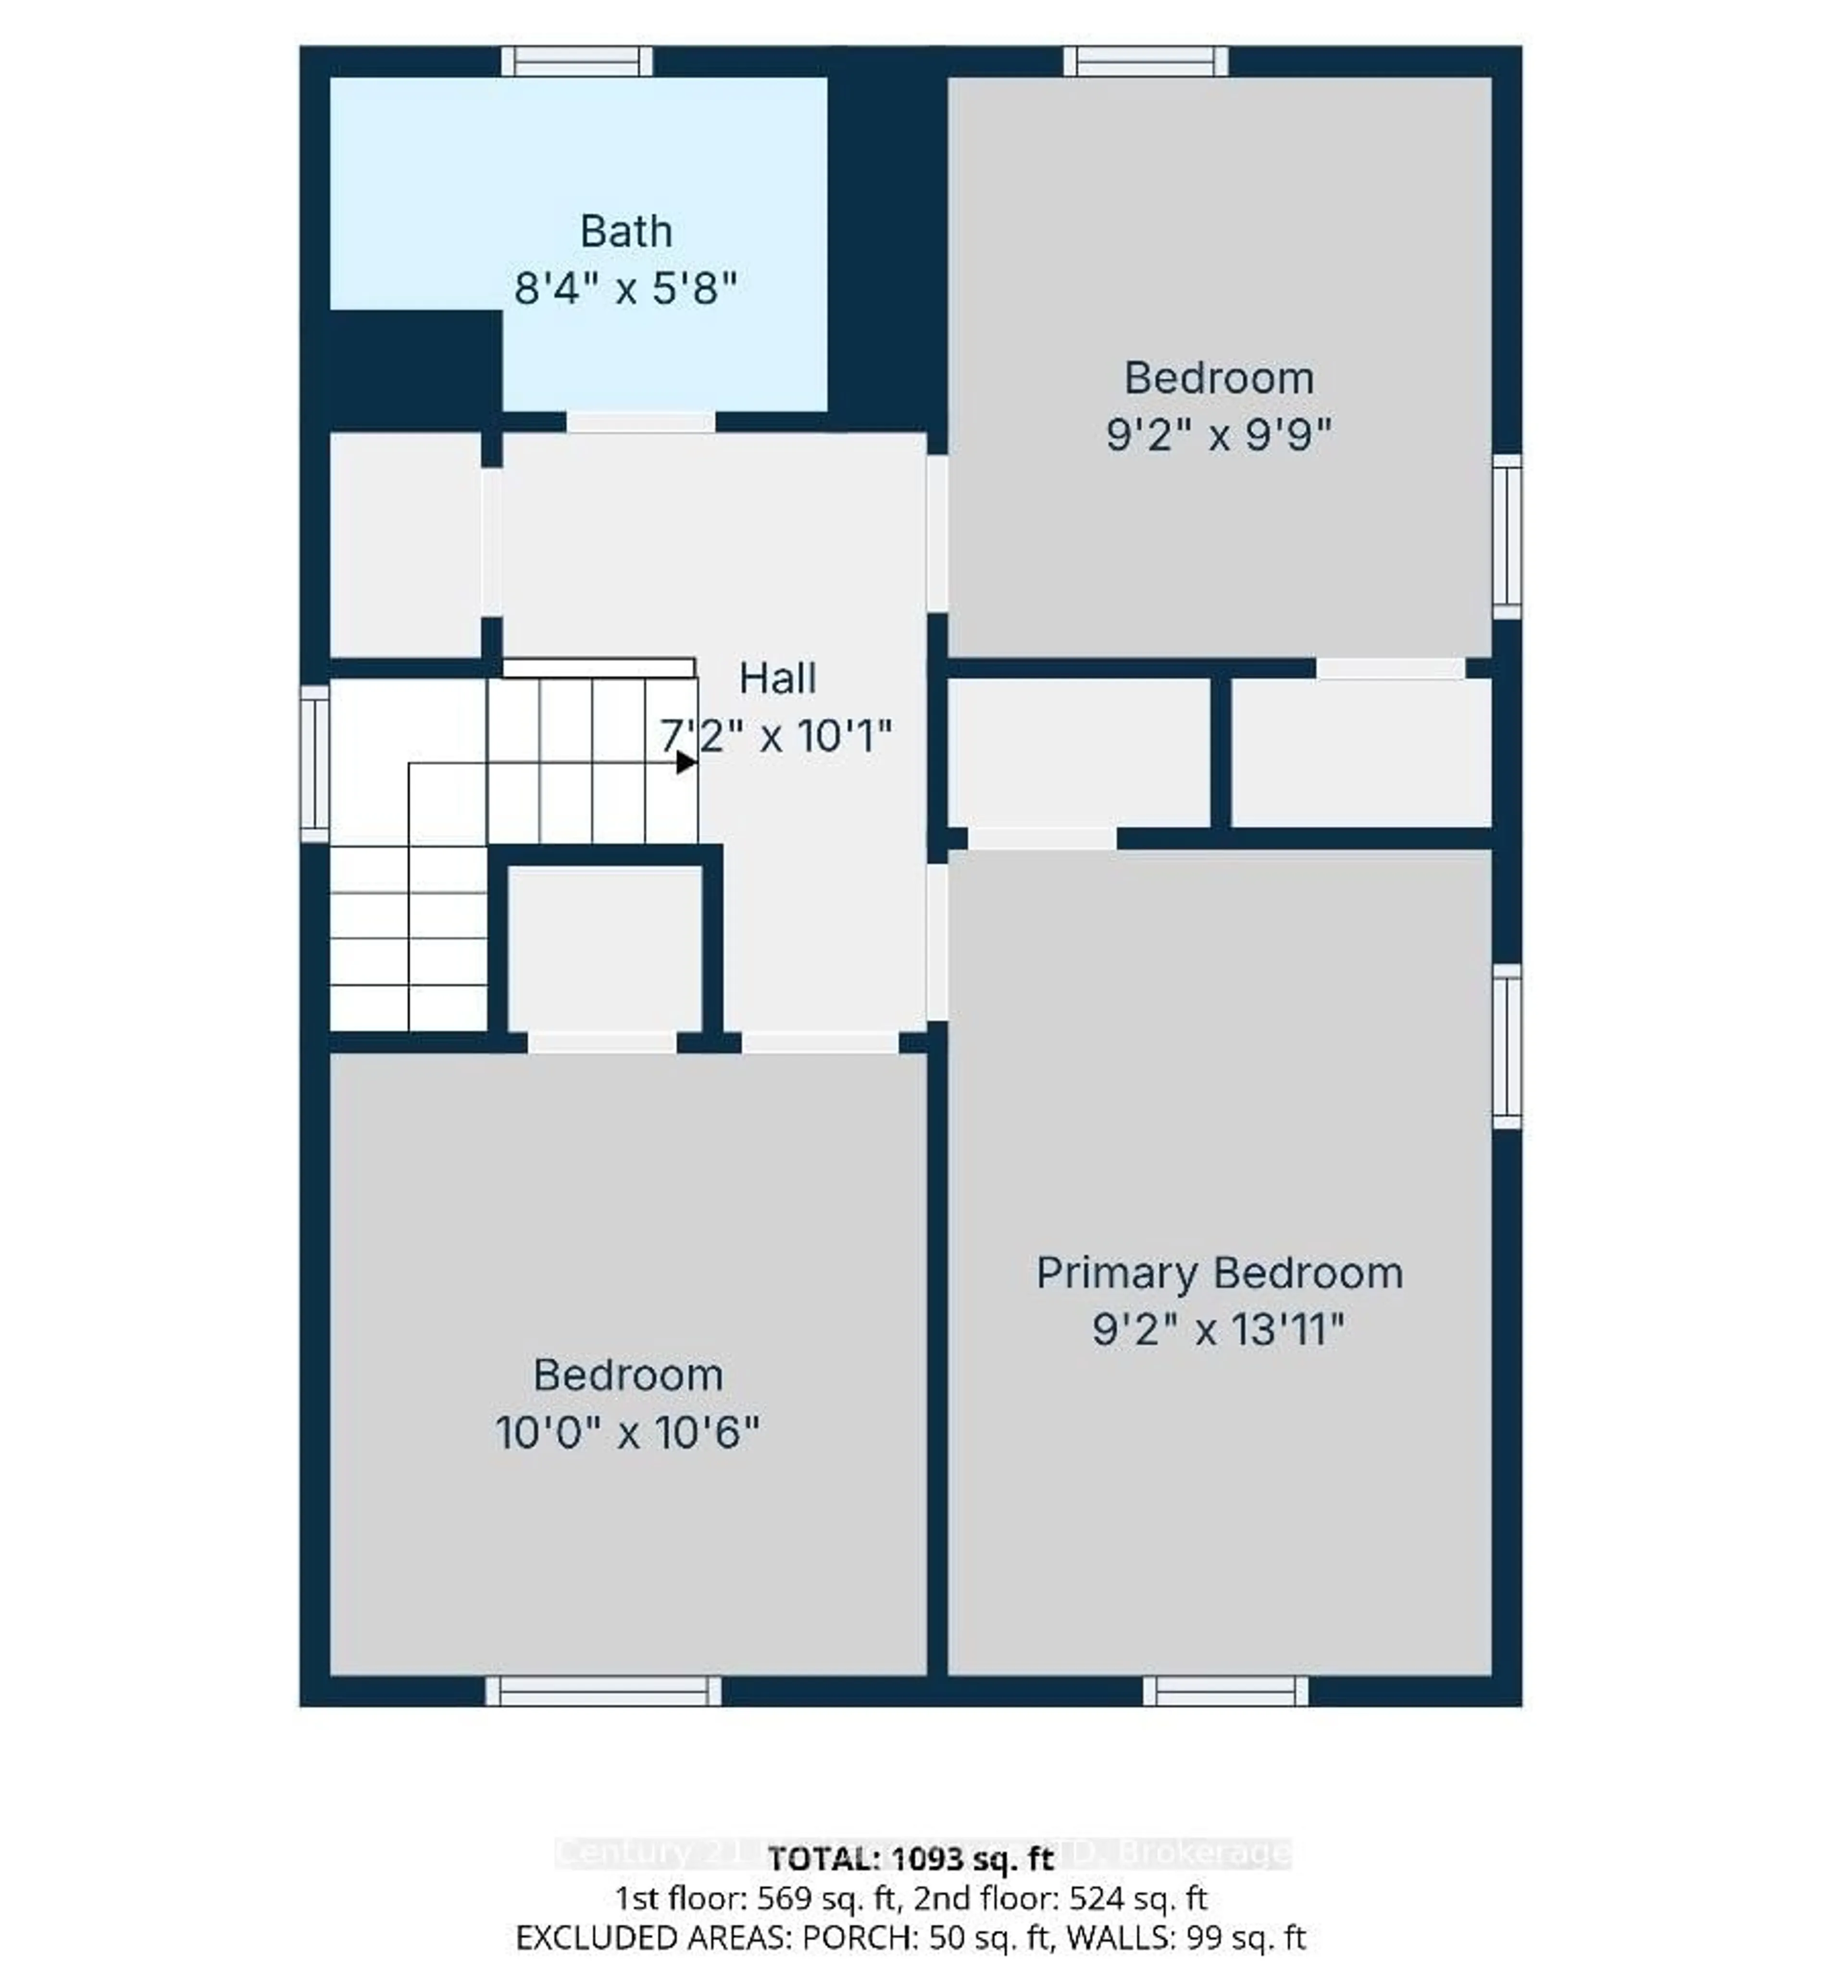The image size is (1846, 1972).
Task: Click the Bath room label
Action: (x=626, y=232)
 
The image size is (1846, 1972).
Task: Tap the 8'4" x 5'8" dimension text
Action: (x=626, y=290)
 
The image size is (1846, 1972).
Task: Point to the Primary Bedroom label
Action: (x=1219, y=1274)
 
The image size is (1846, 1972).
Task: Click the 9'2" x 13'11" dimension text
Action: (x=1219, y=1329)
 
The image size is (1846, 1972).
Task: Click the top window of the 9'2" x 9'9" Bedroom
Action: (x=1146, y=62)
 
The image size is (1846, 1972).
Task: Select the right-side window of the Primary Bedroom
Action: (x=1507, y=1046)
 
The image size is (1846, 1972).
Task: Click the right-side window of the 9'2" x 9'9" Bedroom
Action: (x=1507, y=535)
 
